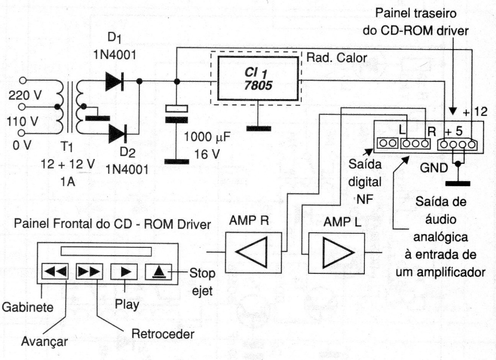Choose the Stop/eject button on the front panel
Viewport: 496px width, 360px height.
pyautogui.click(x=159, y=271)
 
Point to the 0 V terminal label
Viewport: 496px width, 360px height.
pyautogui.click(x=22, y=146)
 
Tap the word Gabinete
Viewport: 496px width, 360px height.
pyautogui.click(x=27, y=308)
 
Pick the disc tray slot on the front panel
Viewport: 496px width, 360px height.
pyautogui.click(x=105, y=251)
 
